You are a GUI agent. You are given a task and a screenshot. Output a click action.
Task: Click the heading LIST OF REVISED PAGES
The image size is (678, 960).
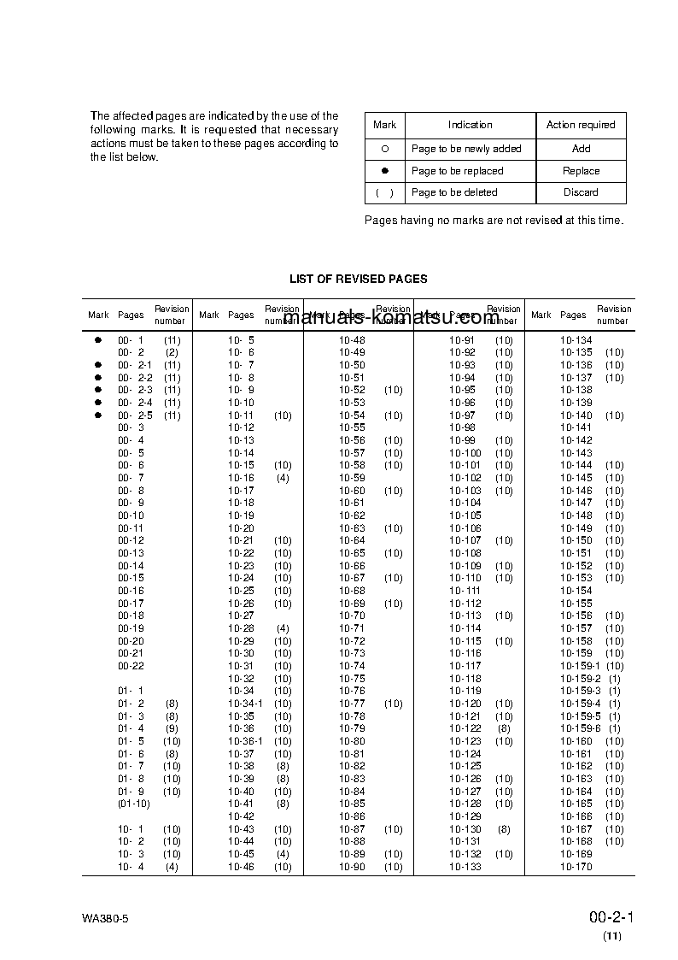click(x=358, y=279)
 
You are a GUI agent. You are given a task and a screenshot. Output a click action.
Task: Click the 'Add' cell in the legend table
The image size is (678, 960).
click(x=581, y=149)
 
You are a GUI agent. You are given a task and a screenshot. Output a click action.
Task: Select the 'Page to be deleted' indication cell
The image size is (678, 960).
click(x=454, y=192)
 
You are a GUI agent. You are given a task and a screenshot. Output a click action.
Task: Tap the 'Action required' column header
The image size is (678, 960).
click(x=581, y=125)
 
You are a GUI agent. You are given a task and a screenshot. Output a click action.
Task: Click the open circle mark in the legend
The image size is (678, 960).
click(x=384, y=149)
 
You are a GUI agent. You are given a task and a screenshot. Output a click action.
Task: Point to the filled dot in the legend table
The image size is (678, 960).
click(x=384, y=171)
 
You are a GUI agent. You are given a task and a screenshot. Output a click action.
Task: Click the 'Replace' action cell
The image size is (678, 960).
click(x=581, y=171)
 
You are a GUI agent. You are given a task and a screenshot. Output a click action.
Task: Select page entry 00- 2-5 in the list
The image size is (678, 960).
click(x=135, y=415)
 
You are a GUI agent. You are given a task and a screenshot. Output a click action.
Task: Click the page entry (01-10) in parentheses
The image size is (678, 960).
click(x=133, y=804)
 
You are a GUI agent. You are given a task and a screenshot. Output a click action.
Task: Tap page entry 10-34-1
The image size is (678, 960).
click(x=245, y=704)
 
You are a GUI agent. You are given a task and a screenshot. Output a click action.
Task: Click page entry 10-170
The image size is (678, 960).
click(x=576, y=867)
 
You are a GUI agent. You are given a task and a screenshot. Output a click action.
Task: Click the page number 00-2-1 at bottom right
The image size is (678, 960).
click(x=610, y=917)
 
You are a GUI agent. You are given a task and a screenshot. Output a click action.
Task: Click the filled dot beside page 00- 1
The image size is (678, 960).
click(x=98, y=340)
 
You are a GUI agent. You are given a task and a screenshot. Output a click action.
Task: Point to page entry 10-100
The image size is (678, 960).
click(x=465, y=453)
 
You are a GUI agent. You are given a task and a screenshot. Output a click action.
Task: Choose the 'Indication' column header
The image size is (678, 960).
click(x=470, y=125)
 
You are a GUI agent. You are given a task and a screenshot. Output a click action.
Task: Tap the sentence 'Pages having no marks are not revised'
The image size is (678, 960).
click(x=494, y=221)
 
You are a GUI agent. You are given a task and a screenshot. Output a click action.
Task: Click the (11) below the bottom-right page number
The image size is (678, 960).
click(x=612, y=936)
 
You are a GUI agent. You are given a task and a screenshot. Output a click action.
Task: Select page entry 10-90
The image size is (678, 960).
click(x=352, y=867)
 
